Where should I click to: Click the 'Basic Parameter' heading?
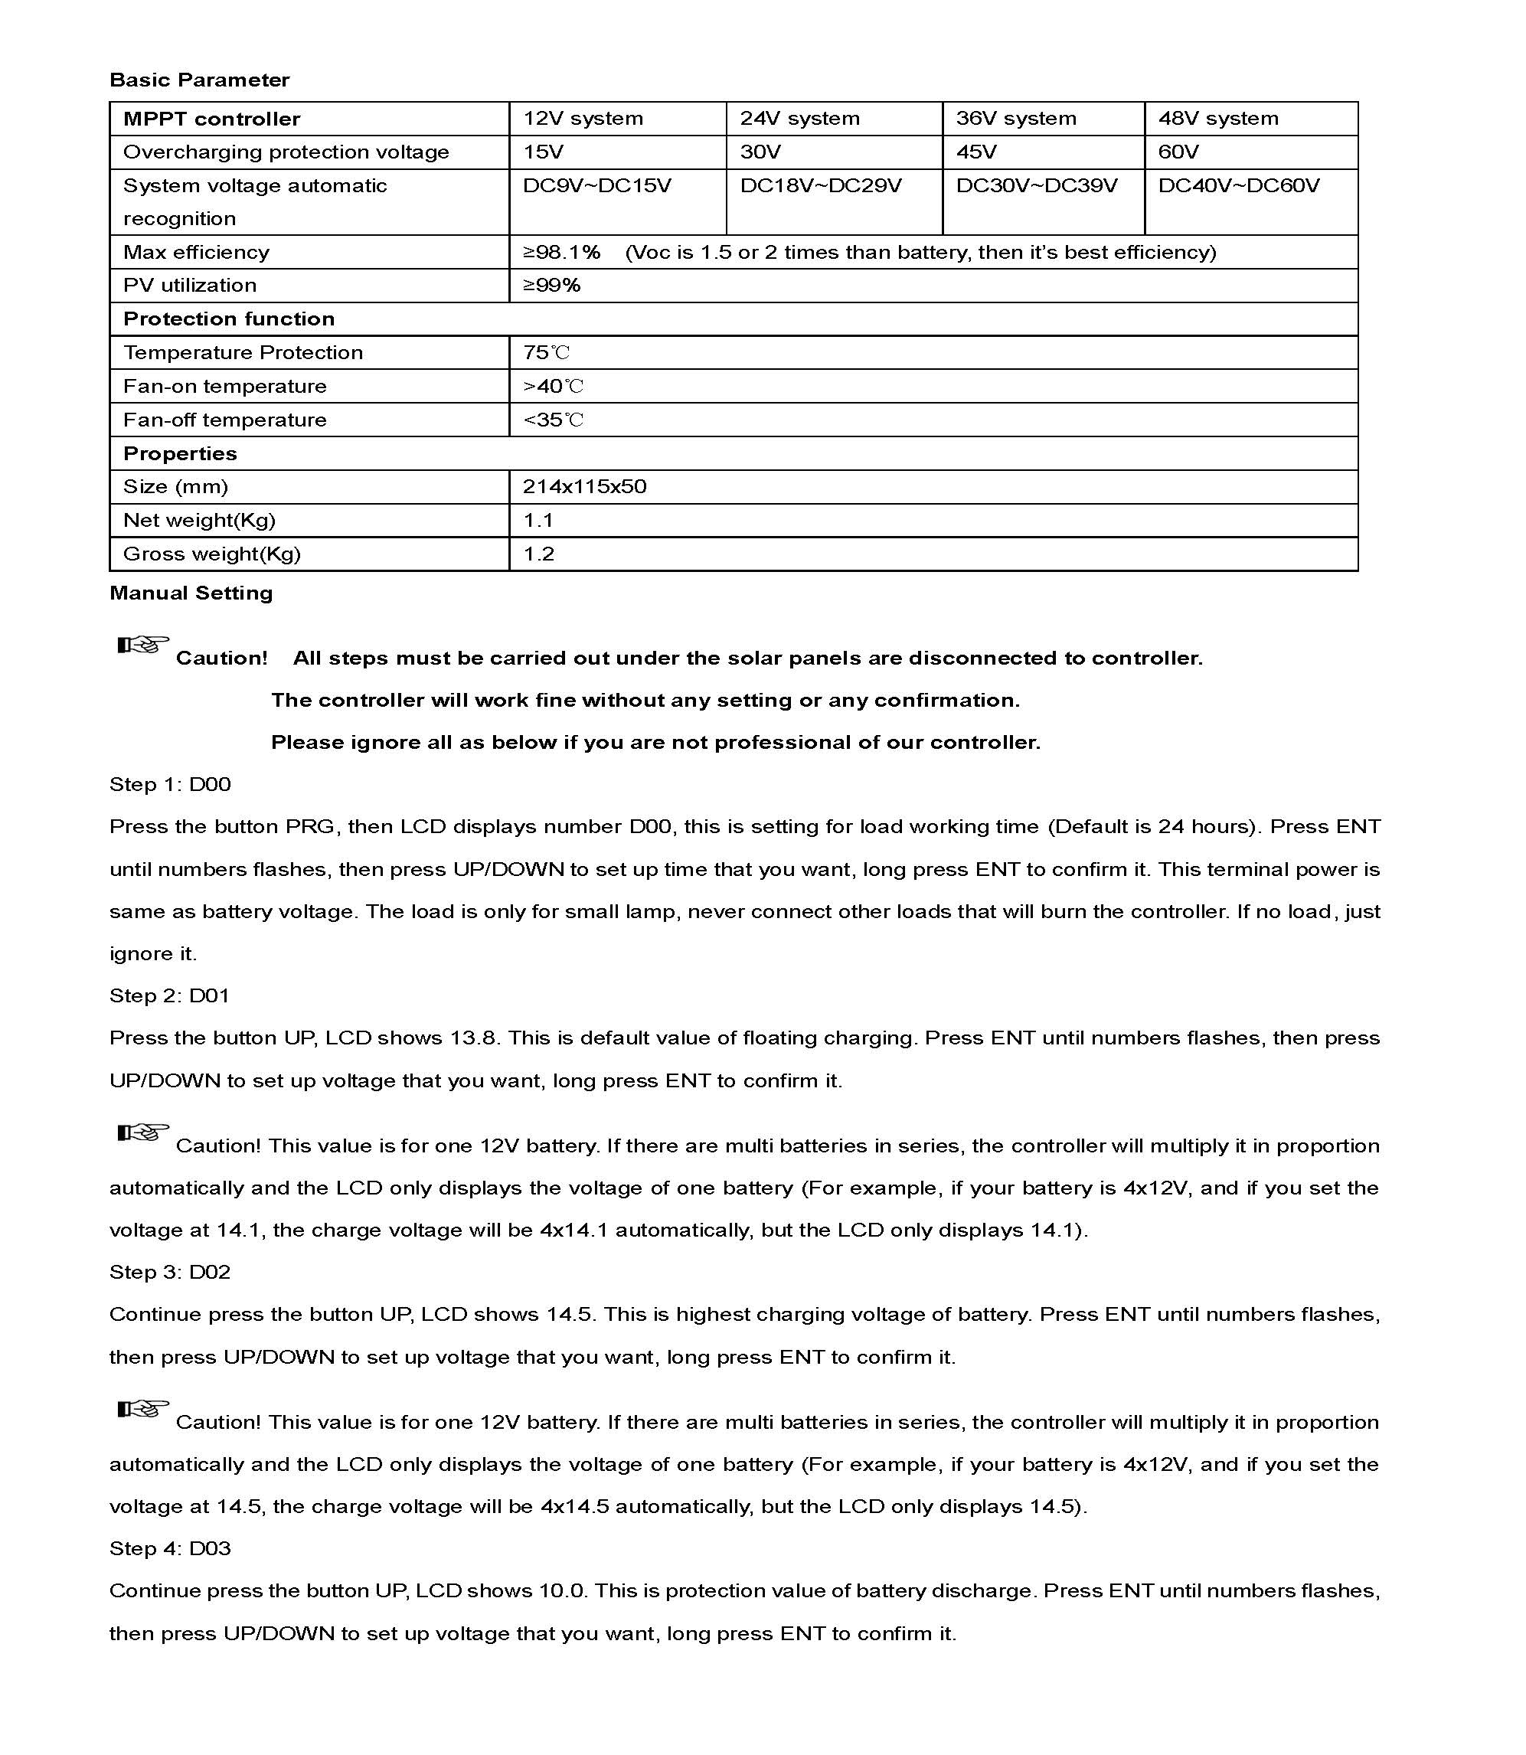199,80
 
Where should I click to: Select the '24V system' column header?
799,119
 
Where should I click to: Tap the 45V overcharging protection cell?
976,152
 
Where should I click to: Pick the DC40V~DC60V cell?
1238,185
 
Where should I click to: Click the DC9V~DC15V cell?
596,185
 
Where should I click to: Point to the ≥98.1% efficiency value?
561,252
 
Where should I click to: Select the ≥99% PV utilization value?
551,286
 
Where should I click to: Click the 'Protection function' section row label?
228,319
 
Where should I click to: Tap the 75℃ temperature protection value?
546,352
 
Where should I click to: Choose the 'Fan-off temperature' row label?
225,420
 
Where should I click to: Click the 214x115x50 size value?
584,486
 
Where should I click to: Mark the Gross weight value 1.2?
538,554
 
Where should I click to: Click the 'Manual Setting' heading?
191,593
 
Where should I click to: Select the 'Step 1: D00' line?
170,784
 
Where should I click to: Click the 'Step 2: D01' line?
169,995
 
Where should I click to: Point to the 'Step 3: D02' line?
170,1271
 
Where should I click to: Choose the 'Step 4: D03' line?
170,1548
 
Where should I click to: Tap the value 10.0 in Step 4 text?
563,1590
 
